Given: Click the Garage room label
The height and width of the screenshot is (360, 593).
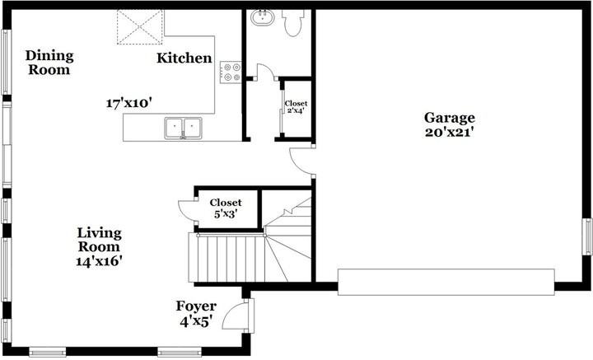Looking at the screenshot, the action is (x=450, y=118).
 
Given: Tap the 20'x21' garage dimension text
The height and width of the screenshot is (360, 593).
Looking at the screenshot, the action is (x=450, y=133).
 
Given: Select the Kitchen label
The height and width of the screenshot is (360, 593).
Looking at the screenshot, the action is (x=184, y=58).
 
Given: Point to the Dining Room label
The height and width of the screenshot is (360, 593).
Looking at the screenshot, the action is (x=49, y=63).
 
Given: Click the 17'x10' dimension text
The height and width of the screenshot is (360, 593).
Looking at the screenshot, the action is (x=128, y=103).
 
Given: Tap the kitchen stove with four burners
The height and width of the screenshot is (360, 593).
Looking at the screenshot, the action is (x=231, y=72).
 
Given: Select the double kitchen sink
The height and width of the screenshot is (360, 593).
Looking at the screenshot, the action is (x=183, y=128).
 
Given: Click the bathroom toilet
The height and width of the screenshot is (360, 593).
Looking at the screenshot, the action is (x=293, y=23).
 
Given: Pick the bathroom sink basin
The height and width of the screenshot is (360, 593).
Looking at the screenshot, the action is (x=262, y=18).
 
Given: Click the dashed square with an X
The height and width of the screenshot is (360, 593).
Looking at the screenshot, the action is (x=140, y=27).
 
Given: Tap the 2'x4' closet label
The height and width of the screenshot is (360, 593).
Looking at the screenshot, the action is (x=296, y=111).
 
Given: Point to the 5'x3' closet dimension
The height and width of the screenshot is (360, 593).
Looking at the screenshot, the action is (x=226, y=214).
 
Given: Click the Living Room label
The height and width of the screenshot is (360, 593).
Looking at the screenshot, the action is (x=99, y=240).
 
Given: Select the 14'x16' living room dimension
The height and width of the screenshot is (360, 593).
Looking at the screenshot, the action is (x=99, y=261).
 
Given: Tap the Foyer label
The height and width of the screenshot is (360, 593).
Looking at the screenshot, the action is (x=196, y=306).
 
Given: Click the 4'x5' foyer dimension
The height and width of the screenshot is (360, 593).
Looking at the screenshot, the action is (x=195, y=322).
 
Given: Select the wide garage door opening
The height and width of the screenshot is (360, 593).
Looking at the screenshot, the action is (x=446, y=282).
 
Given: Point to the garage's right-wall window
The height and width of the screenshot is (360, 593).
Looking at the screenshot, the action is (x=587, y=236).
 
